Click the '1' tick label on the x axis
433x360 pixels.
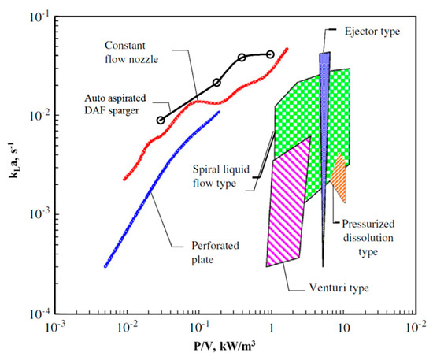pyautogui.click(x=272, y=326)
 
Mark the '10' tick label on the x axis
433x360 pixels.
pyautogui.click(x=344, y=326)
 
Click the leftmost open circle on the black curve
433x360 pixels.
pyautogui.click(x=161, y=121)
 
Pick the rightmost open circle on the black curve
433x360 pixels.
pyautogui.click(x=271, y=54)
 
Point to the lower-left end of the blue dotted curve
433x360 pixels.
pyautogui.click(x=105, y=266)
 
